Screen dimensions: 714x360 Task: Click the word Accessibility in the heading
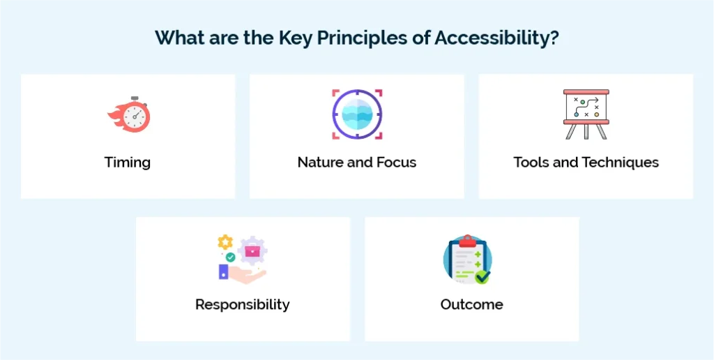pyautogui.click(x=492, y=38)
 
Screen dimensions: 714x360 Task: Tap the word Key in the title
pyautogui.click(x=295, y=38)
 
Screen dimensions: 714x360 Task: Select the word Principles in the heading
pyautogui.click(x=361, y=38)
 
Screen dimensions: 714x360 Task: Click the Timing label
pyautogui.click(x=128, y=163)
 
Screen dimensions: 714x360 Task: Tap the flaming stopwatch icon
pyautogui.click(x=129, y=115)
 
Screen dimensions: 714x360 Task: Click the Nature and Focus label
pyautogui.click(x=357, y=163)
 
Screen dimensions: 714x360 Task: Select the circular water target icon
pyautogui.click(x=357, y=114)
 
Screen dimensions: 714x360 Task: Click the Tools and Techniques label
pyautogui.click(x=586, y=163)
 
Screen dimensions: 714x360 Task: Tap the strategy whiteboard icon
pyautogui.click(x=586, y=114)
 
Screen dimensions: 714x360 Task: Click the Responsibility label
pyautogui.click(x=242, y=304)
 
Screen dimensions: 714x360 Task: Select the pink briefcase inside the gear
pyautogui.click(x=252, y=251)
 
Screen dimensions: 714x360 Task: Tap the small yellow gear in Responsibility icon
pyautogui.click(x=225, y=242)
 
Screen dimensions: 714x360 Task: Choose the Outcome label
pyautogui.click(x=472, y=304)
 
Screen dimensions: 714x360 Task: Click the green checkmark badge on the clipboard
pyautogui.click(x=482, y=276)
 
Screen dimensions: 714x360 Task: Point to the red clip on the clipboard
pyautogui.click(x=467, y=241)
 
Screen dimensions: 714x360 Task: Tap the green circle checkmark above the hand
pyautogui.click(x=230, y=257)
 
